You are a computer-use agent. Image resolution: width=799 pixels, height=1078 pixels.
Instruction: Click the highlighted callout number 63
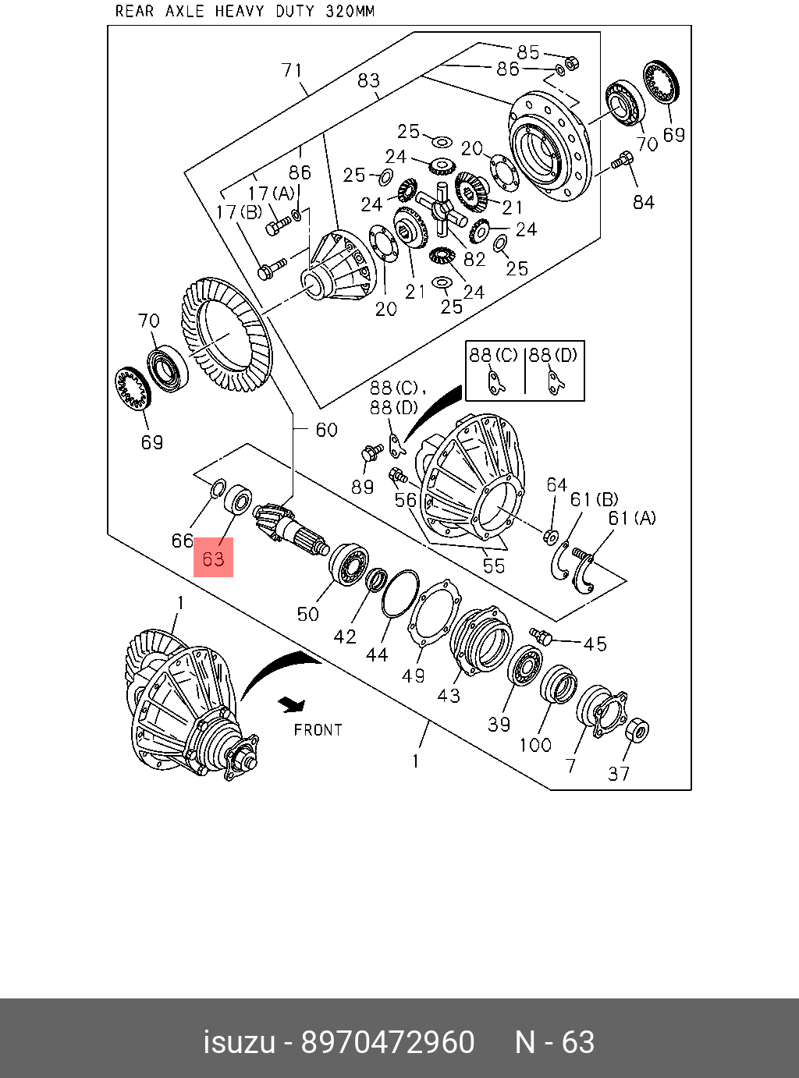point(213,559)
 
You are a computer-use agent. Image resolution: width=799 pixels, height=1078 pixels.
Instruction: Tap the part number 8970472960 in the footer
point(388,1042)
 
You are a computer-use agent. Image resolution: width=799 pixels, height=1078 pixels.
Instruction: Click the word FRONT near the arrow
point(318,730)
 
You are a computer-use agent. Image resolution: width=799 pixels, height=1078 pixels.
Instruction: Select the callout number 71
point(292,70)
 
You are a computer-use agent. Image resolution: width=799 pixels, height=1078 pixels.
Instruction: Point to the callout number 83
point(368,80)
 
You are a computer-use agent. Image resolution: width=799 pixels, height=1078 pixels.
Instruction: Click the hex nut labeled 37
point(637,730)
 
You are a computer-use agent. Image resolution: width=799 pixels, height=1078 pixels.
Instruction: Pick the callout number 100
point(535,745)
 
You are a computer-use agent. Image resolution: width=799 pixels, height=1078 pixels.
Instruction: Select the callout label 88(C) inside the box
point(493,355)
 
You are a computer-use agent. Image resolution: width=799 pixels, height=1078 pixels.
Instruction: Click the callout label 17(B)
point(239,212)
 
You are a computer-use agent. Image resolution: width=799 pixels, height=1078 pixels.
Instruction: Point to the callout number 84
point(644,202)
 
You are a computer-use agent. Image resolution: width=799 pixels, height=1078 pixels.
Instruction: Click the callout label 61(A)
point(632,518)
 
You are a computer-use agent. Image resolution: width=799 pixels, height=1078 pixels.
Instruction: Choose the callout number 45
point(595,644)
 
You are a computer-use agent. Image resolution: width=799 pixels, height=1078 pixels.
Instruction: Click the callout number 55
point(493,566)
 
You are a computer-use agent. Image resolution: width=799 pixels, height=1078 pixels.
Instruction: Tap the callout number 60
point(326,430)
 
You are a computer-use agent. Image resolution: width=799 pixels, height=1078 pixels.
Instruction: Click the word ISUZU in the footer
point(239,1042)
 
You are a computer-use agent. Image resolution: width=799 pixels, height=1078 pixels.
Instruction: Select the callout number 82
point(474,260)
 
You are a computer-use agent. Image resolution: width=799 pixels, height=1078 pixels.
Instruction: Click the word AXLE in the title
point(184,12)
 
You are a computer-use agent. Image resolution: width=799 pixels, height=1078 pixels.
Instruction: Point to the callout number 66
point(182,541)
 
